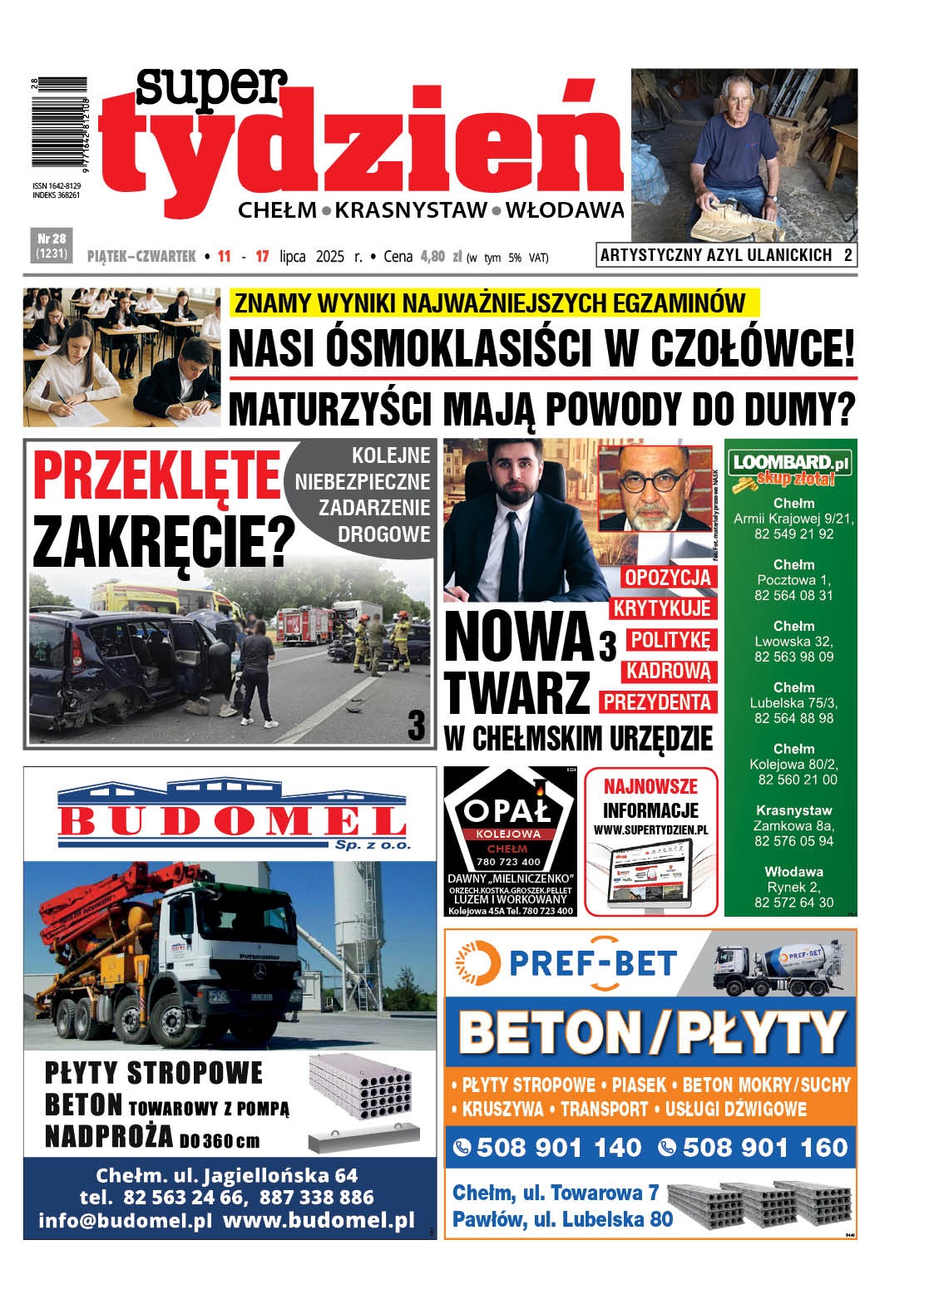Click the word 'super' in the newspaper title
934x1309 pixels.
click(x=212, y=85)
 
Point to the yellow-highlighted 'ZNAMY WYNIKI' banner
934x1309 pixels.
click(x=490, y=303)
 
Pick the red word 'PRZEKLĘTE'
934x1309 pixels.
click(x=156, y=476)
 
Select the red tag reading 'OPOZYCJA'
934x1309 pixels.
click(x=667, y=577)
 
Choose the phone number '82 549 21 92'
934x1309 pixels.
click(x=793, y=534)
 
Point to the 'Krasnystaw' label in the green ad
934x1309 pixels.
click(x=793, y=810)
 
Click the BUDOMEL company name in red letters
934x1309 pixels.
click(x=230, y=821)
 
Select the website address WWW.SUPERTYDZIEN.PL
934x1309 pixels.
click(x=650, y=829)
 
